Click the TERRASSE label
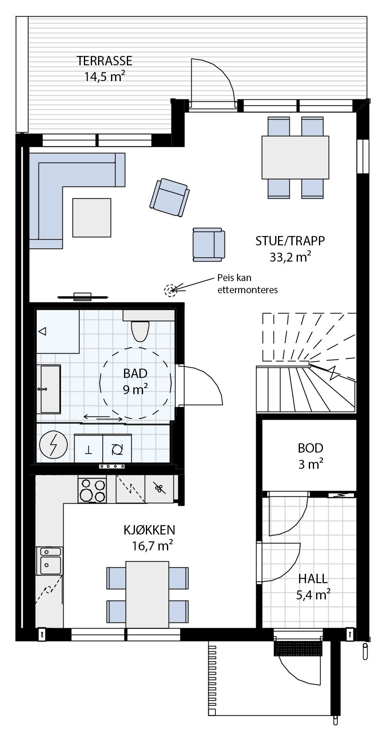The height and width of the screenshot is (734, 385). point(105,61)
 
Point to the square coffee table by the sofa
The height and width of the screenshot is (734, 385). point(92,217)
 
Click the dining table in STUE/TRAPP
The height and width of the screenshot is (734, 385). point(295,157)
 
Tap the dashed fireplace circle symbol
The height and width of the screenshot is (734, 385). point(170,290)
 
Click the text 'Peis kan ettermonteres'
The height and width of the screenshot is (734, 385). point(247,284)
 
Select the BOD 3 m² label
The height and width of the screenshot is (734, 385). point(310,456)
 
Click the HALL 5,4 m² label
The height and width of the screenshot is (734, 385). point(313,586)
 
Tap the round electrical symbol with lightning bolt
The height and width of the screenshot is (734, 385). point(53,446)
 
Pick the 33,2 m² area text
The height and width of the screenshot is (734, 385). point(290,257)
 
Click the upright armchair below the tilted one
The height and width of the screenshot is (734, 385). point(208,245)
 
